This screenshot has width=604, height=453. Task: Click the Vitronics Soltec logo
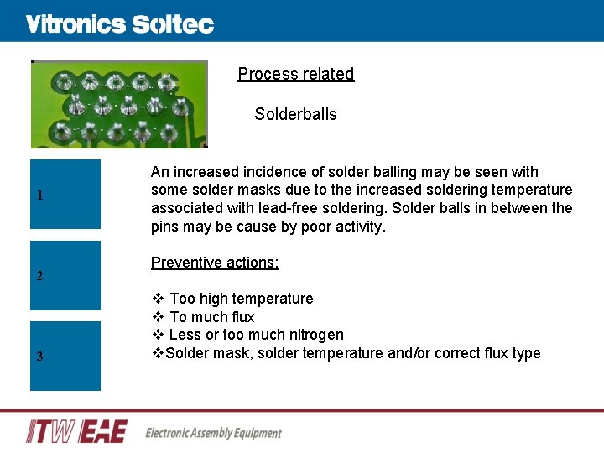pyautogui.click(x=119, y=24)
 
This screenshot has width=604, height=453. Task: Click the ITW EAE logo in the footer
pyautogui.click(x=77, y=431)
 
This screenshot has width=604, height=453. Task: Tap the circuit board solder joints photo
pyautogui.click(x=119, y=104)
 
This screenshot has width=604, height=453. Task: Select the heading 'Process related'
pyautogui.click(x=296, y=74)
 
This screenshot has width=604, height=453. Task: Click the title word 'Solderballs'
pyautogui.click(x=295, y=114)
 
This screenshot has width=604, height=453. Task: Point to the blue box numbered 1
pyautogui.click(x=65, y=194)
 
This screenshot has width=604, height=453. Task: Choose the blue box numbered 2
pyautogui.click(x=65, y=275)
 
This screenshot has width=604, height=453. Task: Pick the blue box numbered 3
pyautogui.click(x=65, y=356)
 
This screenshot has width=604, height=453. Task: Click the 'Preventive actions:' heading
pyautogui.click(x=215, y=263)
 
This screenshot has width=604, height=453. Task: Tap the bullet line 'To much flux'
pyautogui.click(x=211, y=317)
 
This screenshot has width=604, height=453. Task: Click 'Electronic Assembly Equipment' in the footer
pyautogui.click(x=213, y=433)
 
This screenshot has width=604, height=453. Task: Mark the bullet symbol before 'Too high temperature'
pyautogui.click(x=157, y=299)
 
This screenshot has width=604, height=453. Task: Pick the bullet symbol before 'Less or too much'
pyautogui.click(x=157, y=335)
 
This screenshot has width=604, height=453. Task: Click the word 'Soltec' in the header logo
pyautogui.click(x=172, y=24)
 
